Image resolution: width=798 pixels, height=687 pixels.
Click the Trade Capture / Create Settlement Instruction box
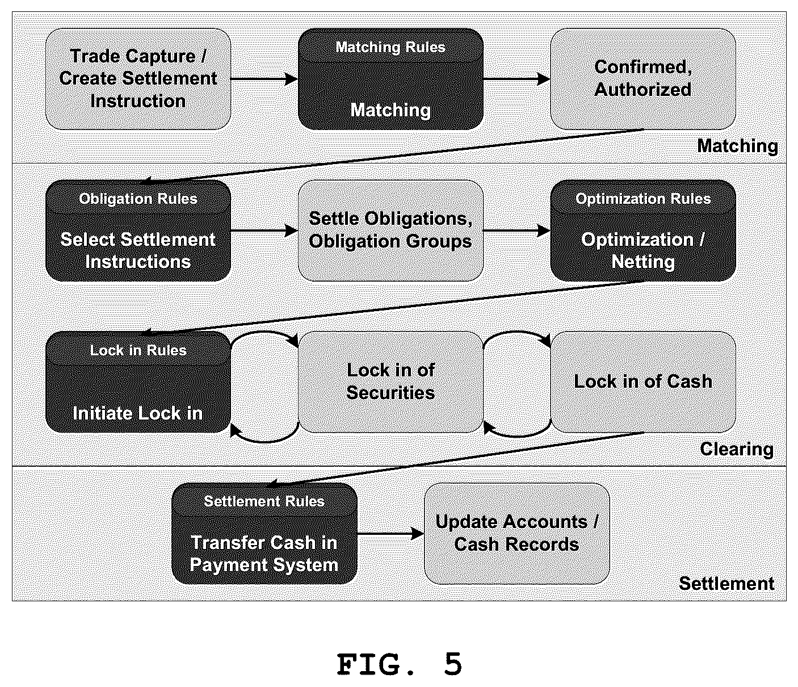tap(138, 79)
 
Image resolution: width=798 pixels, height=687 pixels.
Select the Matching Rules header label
tap(390, 47)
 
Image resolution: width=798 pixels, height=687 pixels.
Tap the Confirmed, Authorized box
tap(643, 79)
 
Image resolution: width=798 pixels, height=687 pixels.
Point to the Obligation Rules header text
tap(138, 199)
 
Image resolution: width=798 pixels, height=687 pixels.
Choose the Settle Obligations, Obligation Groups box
tap(390, 231)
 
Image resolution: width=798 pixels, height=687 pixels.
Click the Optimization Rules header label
tap(643, 199)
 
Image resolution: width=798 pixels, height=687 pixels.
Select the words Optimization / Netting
tap(643, 250)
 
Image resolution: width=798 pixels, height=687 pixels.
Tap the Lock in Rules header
tap(138, 350)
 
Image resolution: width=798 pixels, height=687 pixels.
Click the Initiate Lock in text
tap(138, 413)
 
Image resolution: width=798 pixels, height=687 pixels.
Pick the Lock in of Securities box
tap(390, 382)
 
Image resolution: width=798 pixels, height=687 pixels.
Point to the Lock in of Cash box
tap(643, 382)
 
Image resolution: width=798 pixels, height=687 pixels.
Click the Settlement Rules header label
tap(264, 501)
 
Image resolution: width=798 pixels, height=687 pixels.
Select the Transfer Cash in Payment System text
tap(264, 554)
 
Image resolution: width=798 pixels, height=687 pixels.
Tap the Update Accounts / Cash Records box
tap(517, 533)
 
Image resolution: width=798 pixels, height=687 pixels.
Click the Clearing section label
tap(737, 449)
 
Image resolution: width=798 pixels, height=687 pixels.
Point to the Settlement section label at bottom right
tap(726, 583)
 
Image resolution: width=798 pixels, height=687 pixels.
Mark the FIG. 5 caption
tap(400, 664)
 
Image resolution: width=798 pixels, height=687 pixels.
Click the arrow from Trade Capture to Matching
tap(264, 79)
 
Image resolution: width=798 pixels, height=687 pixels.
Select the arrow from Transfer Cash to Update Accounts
tap(390, 534)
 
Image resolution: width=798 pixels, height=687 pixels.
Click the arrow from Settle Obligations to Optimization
tap(516, 231)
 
